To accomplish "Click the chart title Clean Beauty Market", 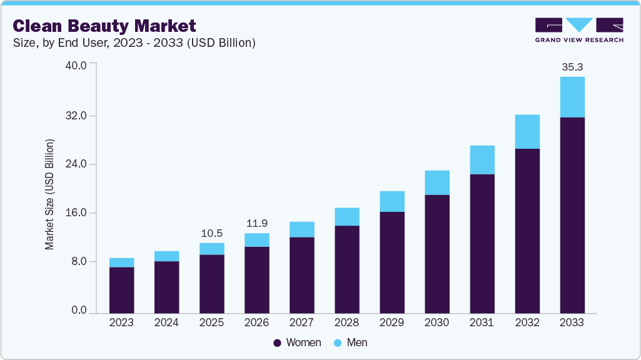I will coord(104,26).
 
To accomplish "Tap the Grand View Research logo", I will coord(579,30).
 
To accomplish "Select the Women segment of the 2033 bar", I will coord(572,215).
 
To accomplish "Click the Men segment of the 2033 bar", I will coord(572,97).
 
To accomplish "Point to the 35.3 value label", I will coord(572,66).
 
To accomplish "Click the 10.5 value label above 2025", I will coord(211,233).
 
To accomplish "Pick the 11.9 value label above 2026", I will coord(256,223).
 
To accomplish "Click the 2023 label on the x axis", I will coord(121,323).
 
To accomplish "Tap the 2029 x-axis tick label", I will coord(391,323).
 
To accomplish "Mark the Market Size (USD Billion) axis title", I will coord(49,194).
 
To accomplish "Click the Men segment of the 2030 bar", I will coord(437,182).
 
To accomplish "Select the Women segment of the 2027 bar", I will coord(301,275).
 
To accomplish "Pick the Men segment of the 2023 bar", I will coord(121,262).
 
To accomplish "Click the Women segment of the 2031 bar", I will coord(482,244).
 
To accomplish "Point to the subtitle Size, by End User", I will coord(134,43).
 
